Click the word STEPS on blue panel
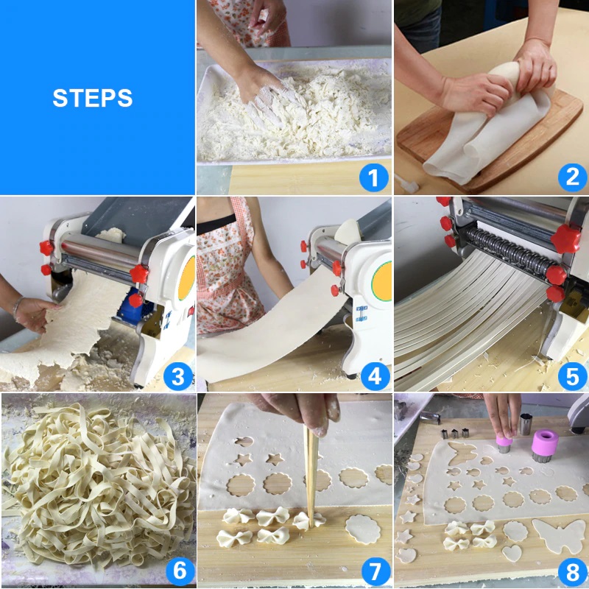click(x=93, y=98)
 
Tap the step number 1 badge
click(x=373, y=177)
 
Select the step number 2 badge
click(x=572, y=177)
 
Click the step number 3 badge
click(x=178, y=376)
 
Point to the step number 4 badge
click(x=375, y=376)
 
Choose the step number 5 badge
click(x=572, y=376)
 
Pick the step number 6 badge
click(x=180, y=571)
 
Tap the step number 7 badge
click(x=375, y=571)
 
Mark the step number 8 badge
click(x=573, y=573)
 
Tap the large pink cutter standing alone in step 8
click(x=544, y=446)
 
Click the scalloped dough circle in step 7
click(x=363, y=529)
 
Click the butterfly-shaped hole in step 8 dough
click(x=462, y=452)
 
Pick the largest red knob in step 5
click(x=565, y=239)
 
